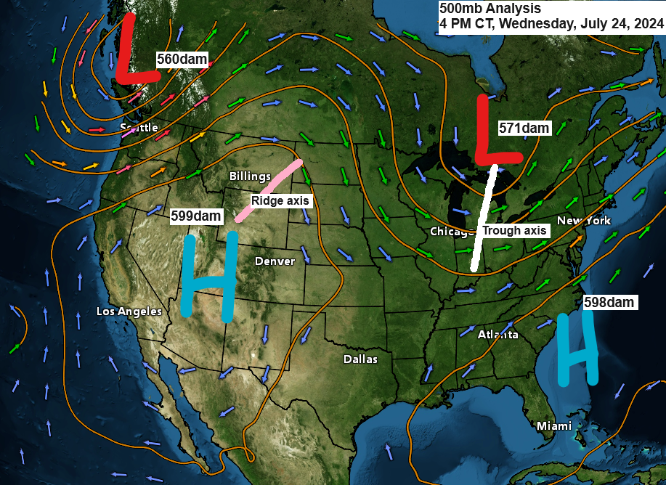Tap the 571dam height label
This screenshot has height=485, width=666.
tap(524, 128)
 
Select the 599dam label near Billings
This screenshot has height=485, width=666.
tap(195, 216)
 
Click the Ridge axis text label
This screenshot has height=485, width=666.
tap(280, 200)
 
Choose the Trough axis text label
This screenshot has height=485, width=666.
tap(514, 231)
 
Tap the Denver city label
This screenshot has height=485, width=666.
tap(275, 261)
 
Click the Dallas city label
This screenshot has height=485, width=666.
tap(360, 359)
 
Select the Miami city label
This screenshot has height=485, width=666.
tap(553, 425)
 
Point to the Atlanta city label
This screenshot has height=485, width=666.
tap(498, 335)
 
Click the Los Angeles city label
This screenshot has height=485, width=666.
tap(129, 311)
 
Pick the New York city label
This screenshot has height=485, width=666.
tap(584, 221)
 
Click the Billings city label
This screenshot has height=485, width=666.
tap(250, 176)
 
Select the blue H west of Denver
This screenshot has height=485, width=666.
tap(209, 276)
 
